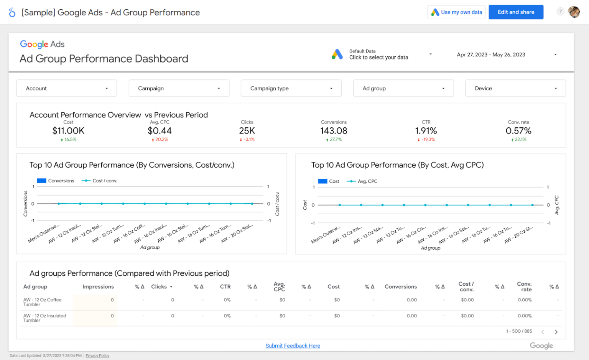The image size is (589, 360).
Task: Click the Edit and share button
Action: pos(516,12)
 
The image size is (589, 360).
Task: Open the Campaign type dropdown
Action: pos(291,88)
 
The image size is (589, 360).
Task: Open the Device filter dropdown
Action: pos(515,88)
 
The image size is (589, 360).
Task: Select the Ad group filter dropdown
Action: pos(403,88)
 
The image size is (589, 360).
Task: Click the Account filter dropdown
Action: pos(66,88)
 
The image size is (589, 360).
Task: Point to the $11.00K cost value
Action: pos(68,131)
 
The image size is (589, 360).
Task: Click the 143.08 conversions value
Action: pos(334,131)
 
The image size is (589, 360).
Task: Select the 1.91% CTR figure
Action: pos(426,131)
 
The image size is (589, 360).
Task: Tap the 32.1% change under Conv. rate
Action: pos(520,140)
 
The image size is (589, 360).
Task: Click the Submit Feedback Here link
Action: pos(293,346)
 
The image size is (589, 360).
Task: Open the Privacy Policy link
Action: pos(97,356)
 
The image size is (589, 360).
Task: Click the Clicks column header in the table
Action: pos(160,287)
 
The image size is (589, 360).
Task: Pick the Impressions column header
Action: pos(98,287)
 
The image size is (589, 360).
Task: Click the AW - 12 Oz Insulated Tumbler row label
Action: pos(44,318)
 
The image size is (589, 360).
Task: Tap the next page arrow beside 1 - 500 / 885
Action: pos(556,332)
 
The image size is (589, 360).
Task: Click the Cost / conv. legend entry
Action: pos(104,181)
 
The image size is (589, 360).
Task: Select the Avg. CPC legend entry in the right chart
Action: pos(367,181)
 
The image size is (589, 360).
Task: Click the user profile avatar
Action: pos(574,12)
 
